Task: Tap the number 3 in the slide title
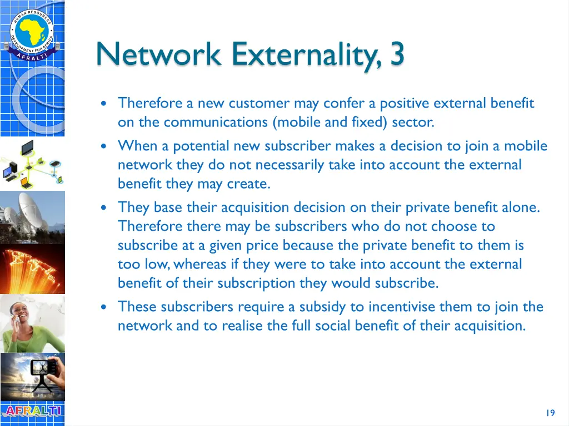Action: tap(397, 54)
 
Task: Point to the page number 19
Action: tap(550, 413)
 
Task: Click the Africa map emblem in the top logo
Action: tap(32, 29)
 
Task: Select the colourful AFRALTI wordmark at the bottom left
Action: tap(32, 412)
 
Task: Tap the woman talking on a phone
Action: tap(32, 323)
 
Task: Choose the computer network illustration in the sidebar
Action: tap(32, 164)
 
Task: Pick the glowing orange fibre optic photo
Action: tap(32, 269)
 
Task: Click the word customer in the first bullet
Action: tap(259, 103)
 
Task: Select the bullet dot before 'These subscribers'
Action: tap(106, 307)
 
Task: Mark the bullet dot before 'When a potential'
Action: tap(106, 146)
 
